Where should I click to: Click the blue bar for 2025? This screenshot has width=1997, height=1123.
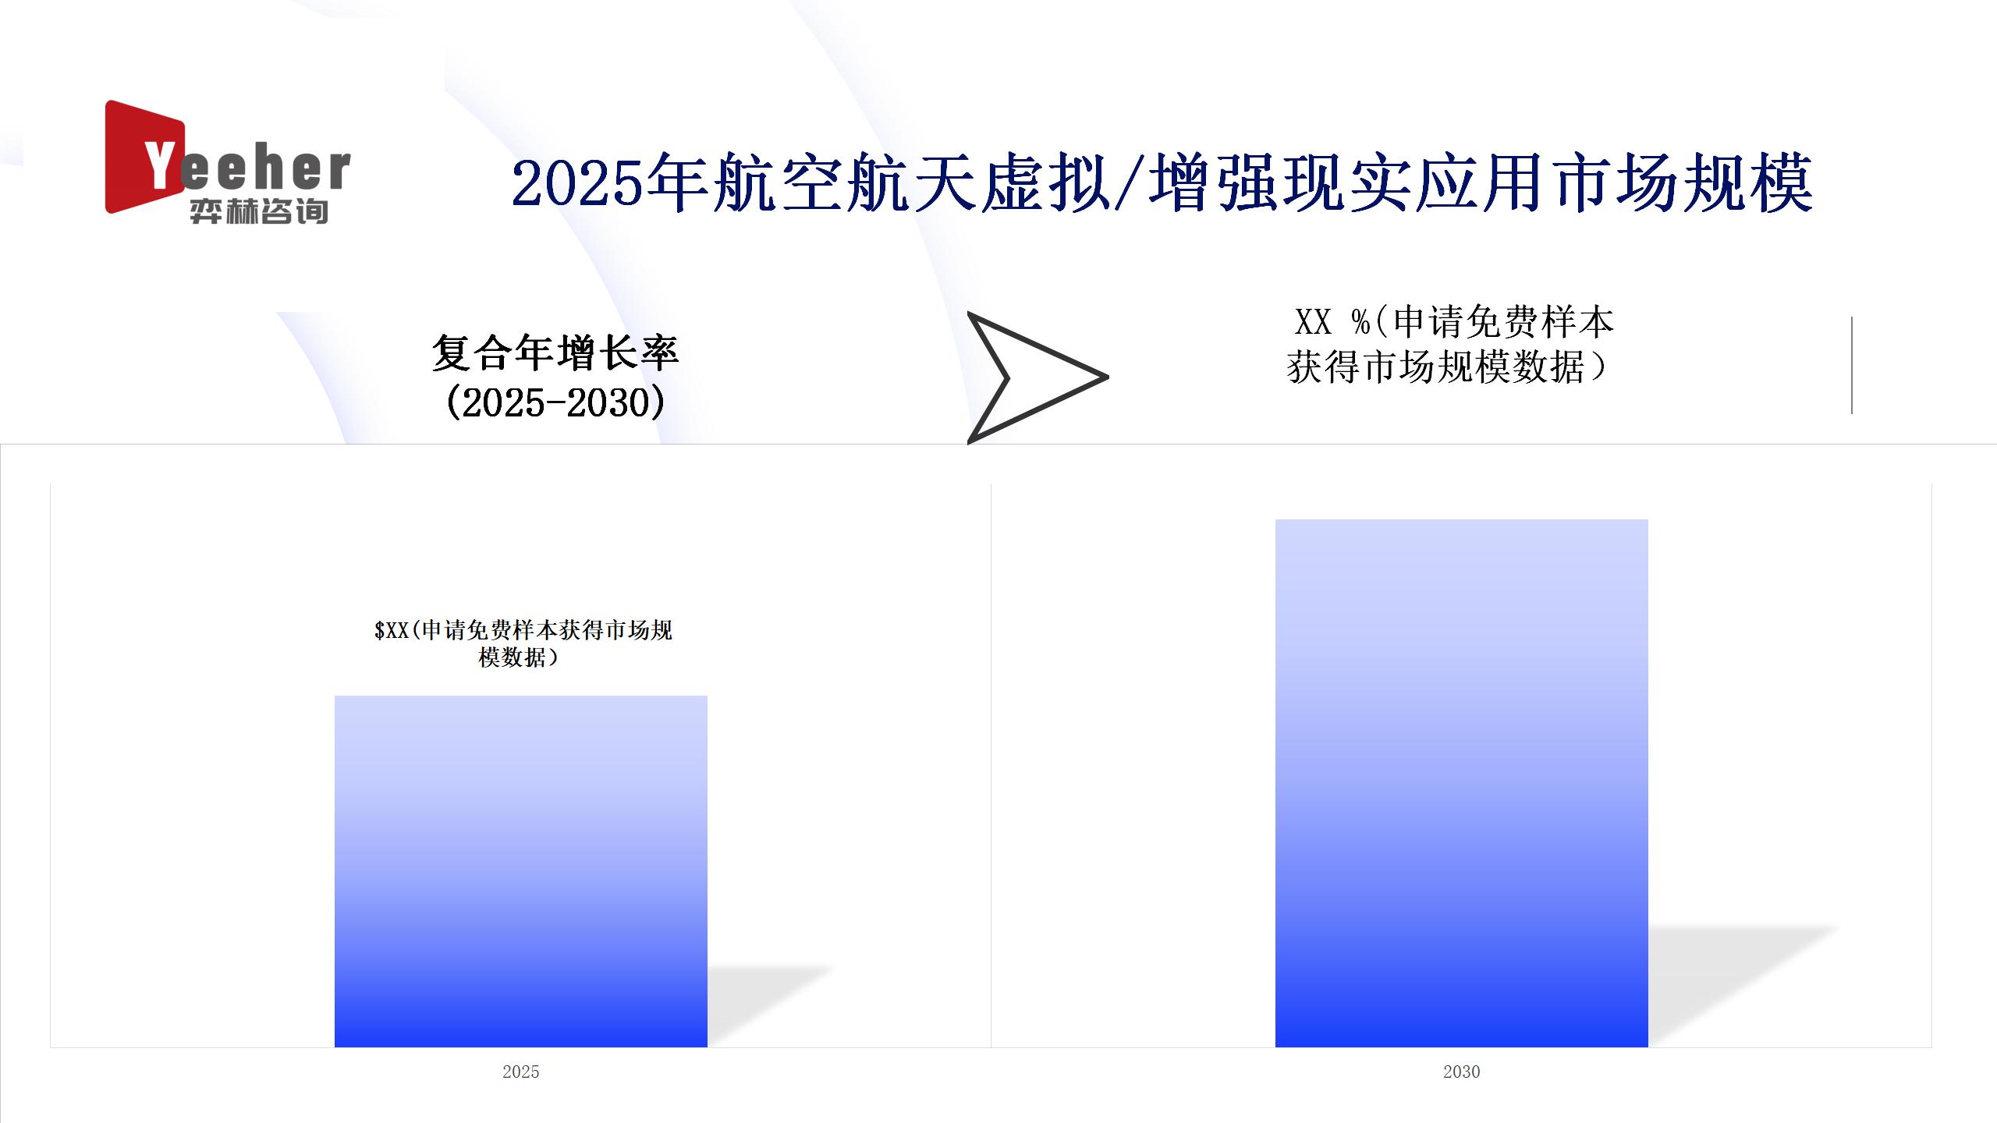tap(521, 871)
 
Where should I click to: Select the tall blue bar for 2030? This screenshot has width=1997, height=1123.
tap(1461, 783)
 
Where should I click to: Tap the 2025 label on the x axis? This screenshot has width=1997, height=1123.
tap(521, 1072)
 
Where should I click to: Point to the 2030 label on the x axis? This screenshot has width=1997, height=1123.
tap(1461, 1072)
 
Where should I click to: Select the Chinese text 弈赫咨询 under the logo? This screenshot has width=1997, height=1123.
tap(258, 211)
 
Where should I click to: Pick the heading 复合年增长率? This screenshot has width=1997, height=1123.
tap(555, 352)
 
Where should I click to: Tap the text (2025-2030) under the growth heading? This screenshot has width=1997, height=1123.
tap(555, 403)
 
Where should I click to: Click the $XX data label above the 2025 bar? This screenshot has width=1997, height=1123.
tap(523, 643)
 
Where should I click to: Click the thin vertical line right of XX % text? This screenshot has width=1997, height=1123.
tap(1851, 365)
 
